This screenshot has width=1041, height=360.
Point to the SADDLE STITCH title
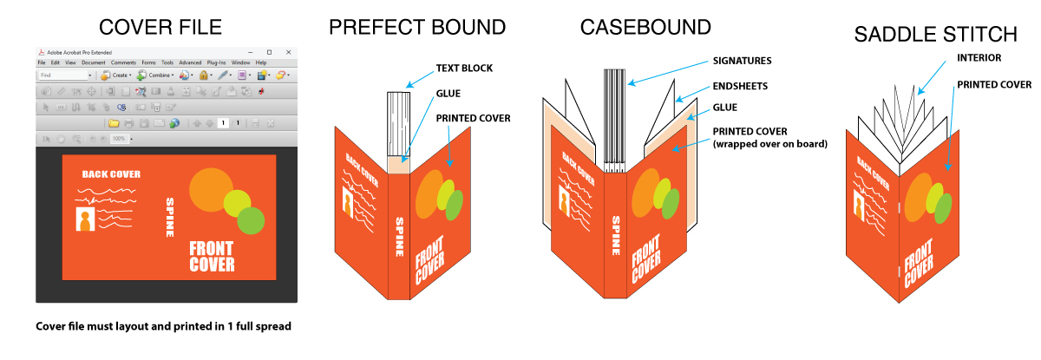tap(935, 35)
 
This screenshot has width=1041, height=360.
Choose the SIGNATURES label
tap(742, 61)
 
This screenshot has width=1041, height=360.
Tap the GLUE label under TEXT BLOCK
tap(448, 93)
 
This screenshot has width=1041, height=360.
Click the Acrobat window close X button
tap(288, 52)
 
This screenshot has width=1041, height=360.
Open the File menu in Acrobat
tap(42, 63)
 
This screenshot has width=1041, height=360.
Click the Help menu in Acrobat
tap(260, 63)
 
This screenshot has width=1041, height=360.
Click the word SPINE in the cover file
tap(170, 217)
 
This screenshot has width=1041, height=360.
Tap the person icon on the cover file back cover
tap(87, 220)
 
